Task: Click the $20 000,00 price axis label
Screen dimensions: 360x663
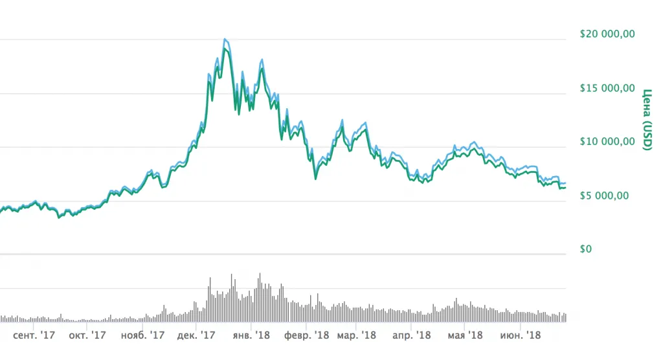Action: pos(607,34)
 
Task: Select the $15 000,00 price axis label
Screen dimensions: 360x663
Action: pos(607,87)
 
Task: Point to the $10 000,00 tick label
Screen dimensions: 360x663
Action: pos(607,141)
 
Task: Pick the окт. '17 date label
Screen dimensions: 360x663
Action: pos(87,335)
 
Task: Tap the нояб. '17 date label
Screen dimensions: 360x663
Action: pos(142,335)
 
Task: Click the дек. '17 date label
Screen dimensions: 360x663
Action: pos(196,335)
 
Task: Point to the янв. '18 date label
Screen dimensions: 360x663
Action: pos(251,335)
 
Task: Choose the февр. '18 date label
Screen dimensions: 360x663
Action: pos(308,335)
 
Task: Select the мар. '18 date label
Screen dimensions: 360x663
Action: pos(356,335)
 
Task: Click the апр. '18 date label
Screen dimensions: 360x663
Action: pos(412,335)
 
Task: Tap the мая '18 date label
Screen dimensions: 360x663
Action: pos(466,335)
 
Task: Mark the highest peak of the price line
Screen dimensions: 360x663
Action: pos(225,39)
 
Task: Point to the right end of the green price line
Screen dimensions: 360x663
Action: pos(565,188)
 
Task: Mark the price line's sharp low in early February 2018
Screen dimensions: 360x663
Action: pos(315,179)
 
